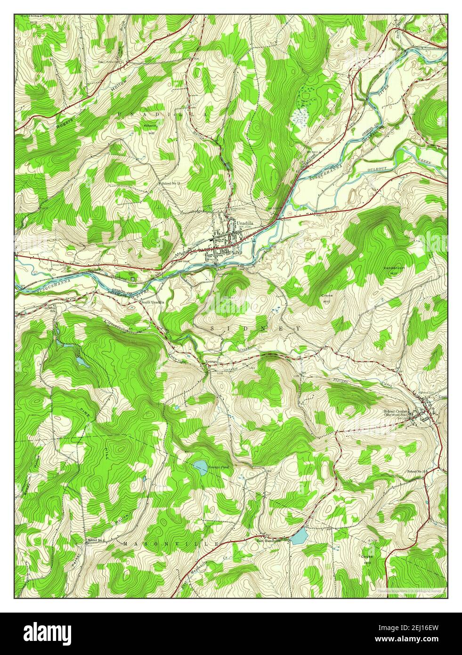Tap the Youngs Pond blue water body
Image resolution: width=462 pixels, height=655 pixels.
[x=200, y=467]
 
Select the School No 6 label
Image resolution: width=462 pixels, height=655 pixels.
[x=96, y=540]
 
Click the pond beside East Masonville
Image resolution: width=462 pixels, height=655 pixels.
[x=299, y=536]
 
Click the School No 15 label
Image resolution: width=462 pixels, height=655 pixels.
[x=417, y=471]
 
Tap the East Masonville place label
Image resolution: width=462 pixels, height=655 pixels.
[x=268, y=540]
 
